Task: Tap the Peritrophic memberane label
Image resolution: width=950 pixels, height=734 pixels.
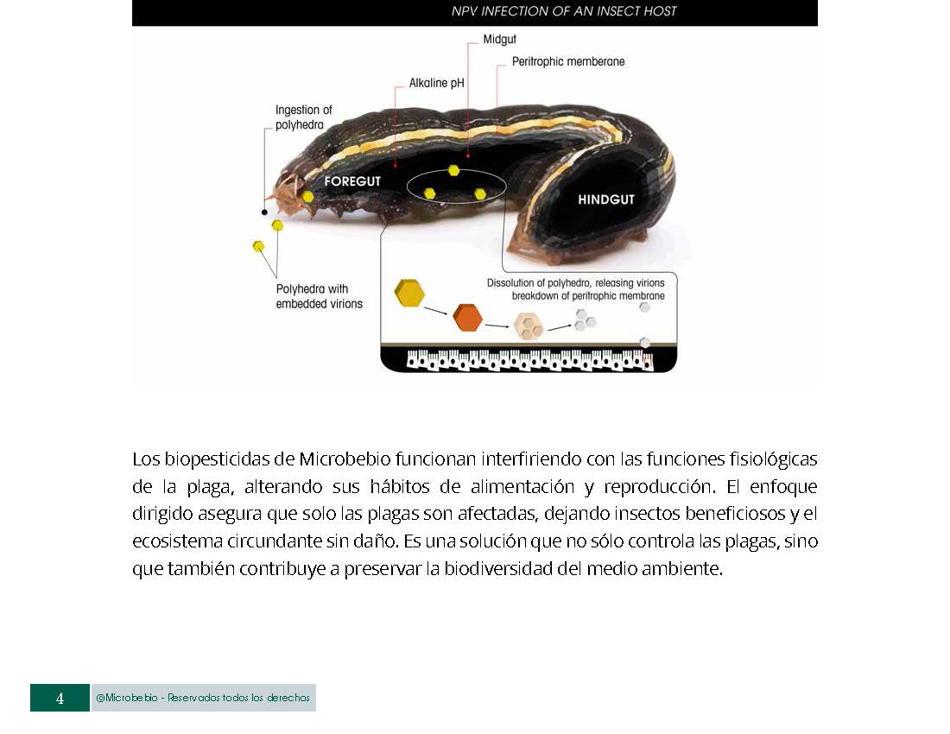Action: point(567,62)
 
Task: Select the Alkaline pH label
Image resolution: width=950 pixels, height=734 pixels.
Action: point(437,84)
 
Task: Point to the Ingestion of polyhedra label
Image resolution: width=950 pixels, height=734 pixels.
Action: point(303,117)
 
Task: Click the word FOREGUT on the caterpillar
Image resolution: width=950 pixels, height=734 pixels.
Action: point(352,182)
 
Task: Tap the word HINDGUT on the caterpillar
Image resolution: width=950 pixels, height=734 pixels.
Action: point(605,199)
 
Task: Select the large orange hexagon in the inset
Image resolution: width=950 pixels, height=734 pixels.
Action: point(467,317)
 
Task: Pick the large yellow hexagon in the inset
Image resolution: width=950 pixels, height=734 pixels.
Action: point(409,293)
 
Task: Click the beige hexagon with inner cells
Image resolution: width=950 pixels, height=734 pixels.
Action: point(528,326)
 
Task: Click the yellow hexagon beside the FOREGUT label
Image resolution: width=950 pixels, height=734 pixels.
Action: point(307,196)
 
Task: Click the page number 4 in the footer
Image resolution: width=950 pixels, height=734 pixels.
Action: point(60,699)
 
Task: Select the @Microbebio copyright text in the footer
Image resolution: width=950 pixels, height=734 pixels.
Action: point(203,698)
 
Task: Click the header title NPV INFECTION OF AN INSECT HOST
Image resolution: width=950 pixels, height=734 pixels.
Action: point(564,11)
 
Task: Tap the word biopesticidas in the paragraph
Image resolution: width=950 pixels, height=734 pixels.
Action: point(216,458)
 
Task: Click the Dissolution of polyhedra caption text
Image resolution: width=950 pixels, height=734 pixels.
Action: point(575,283)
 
